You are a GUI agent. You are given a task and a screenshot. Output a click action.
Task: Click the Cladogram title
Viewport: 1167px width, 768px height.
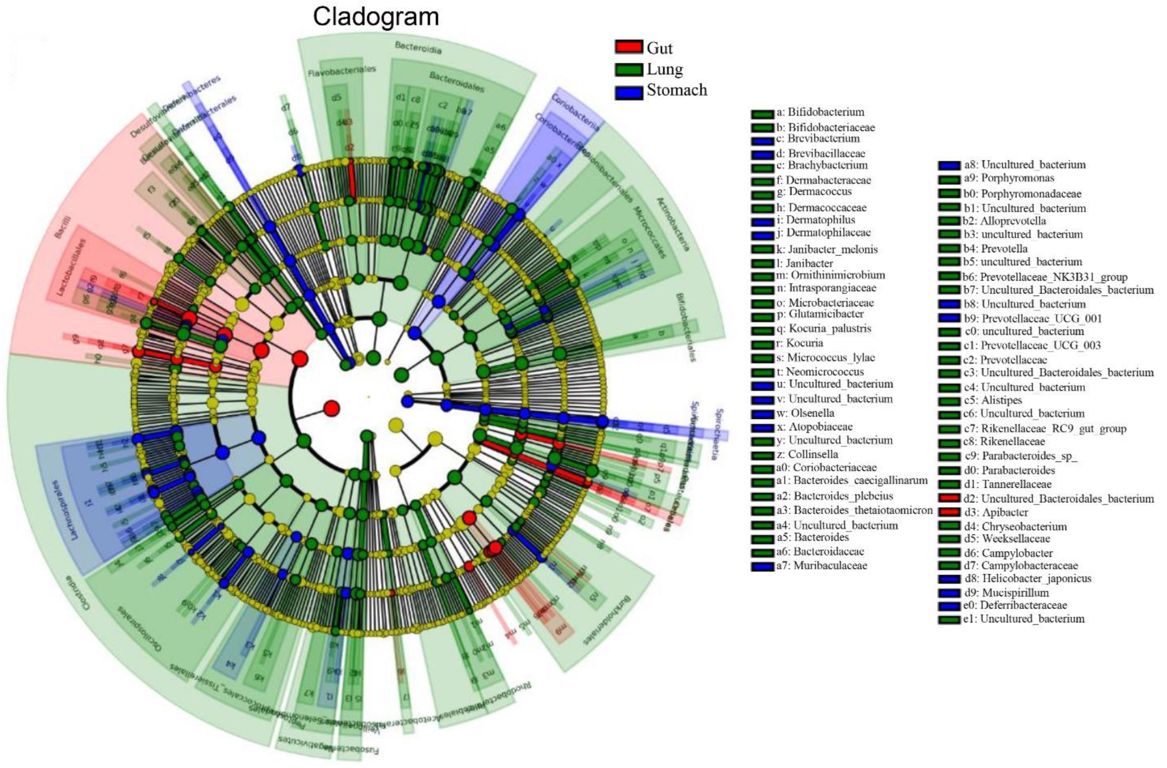(x=376, y=17)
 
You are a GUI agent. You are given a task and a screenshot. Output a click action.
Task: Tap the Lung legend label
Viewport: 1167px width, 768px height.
(x=665, y=69)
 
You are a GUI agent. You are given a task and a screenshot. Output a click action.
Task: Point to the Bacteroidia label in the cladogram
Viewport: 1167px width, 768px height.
(x=418, y=47)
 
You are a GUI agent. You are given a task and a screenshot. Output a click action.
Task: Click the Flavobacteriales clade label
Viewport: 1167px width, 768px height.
(x=342, y=71)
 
